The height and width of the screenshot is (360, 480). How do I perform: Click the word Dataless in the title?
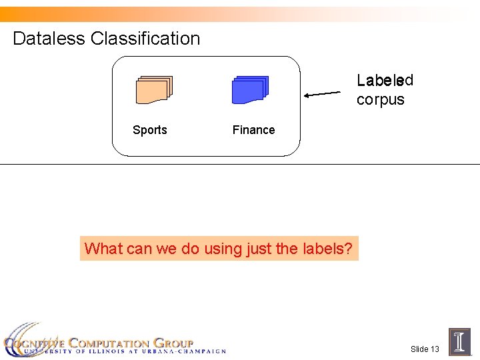tap(49, 39)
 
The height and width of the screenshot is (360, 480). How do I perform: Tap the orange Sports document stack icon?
tap(153, 90)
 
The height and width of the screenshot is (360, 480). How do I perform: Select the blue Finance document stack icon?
tap(250, 90)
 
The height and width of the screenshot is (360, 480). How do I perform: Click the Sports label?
tap(150, 130)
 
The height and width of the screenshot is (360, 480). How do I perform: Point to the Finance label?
tap(253, 130)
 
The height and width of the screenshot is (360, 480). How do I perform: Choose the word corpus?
tap(380, 100)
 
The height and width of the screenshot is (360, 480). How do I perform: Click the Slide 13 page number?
tap(425, 349)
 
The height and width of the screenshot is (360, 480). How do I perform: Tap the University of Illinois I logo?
tap(459, 341)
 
